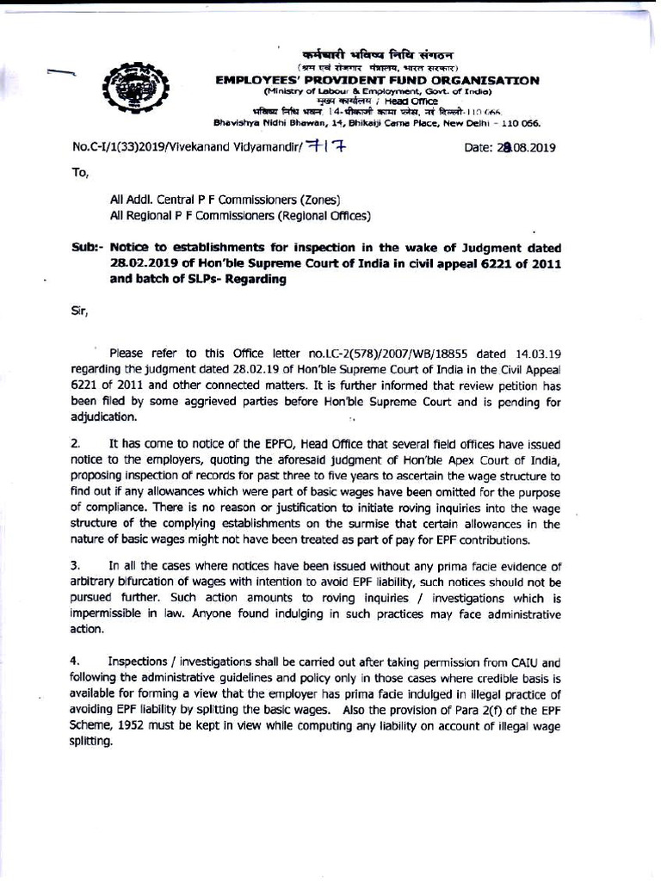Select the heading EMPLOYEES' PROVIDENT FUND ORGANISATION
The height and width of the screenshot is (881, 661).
click(x=377, y=80)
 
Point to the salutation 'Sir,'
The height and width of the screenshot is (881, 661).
click(x=80, y=311)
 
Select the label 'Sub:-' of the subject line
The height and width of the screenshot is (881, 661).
click(x=88, y=249)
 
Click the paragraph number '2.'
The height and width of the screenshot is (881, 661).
click(x=77, y=444)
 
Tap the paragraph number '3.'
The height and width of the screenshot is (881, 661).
click(x=77, y=565)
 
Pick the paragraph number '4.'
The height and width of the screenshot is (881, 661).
click(x=77, y=662)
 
